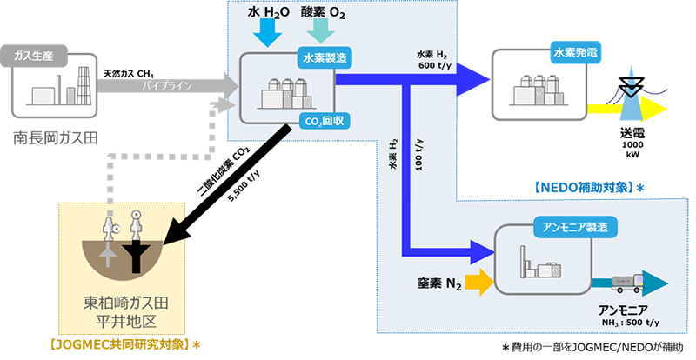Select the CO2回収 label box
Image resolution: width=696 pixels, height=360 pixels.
(x=324, y=120)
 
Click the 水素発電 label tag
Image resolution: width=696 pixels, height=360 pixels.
(x=576, y=52)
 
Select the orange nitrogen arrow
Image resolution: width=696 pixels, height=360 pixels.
(x=477, y=280)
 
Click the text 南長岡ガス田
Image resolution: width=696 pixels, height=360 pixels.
(x=56, y=137)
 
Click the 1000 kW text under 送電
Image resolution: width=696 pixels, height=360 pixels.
(x=632, y=150)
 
